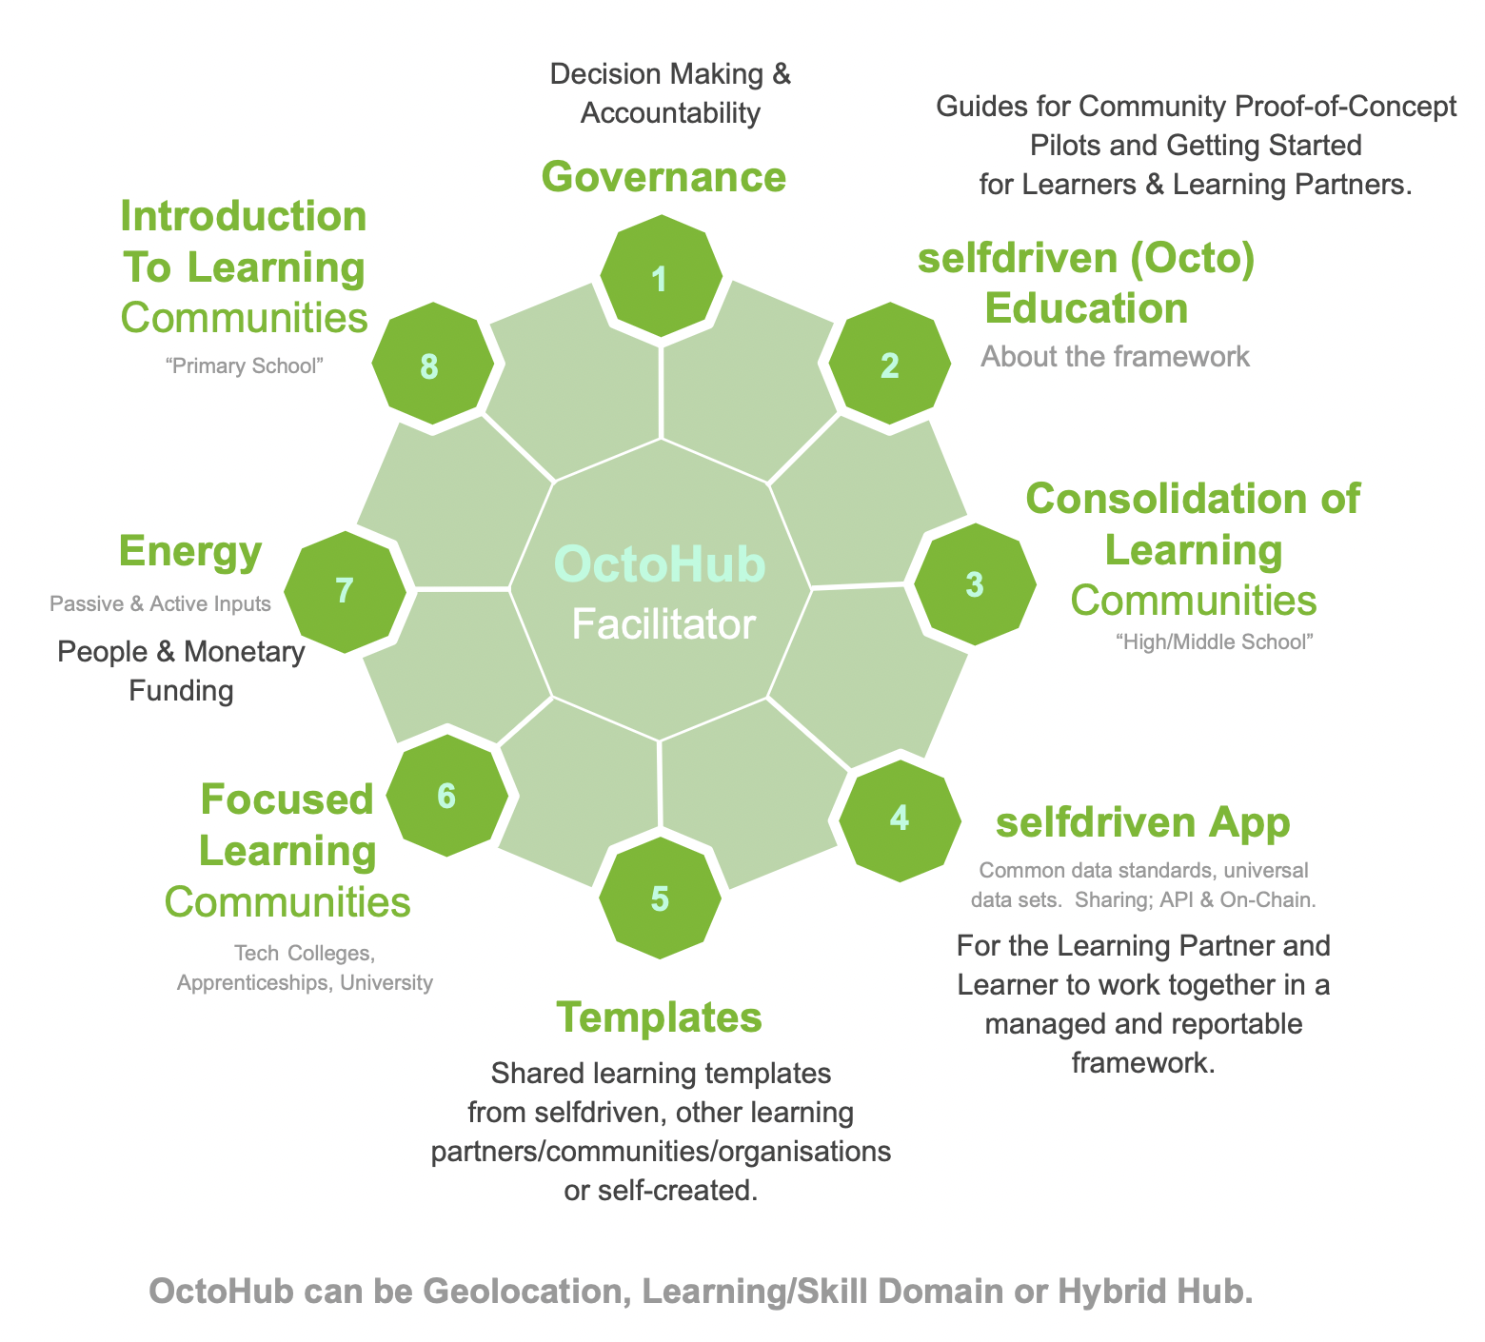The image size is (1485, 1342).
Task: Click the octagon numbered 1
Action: (661, 277)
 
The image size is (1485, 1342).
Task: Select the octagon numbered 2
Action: (890, 365)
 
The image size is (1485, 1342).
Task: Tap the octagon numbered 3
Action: (975, 583)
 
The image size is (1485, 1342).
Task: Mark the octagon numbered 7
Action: (345, 591)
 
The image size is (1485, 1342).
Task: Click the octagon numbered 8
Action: (430, 365)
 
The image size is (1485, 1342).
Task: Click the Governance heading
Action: (663, 177)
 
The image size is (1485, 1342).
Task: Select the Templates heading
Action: (659, 1017)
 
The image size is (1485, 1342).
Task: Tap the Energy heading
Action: (190, 552)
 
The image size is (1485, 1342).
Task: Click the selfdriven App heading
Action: (1142, 822)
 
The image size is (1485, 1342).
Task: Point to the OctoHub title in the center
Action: (659, 563)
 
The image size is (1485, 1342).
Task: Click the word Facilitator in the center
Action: (663, 625)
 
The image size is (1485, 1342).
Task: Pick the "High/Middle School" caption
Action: (1214, 642)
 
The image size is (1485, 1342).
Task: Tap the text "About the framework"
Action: (1115, 357)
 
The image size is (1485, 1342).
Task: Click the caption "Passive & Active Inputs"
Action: (160, 603)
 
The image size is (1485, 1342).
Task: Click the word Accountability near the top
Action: (670, 113)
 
